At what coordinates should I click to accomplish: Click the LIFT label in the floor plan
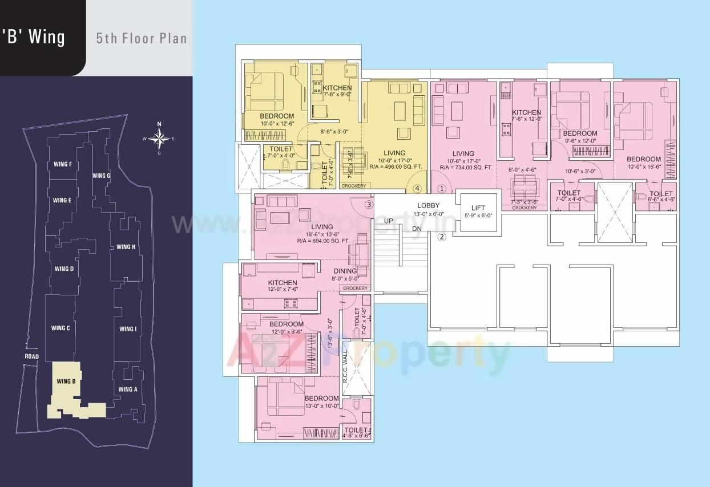click(478, 209)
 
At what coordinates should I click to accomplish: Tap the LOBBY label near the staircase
click(428, 205)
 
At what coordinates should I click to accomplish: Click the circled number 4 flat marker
click(417, 189)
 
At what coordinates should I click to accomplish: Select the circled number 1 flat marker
click(441, 189)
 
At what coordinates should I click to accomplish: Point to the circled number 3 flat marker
click(369, 204)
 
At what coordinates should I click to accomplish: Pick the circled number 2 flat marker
click(441, 237)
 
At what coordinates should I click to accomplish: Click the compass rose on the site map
click(159, 138)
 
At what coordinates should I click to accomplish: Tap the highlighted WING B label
click(66, 382)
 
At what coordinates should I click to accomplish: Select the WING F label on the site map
click(62, 165)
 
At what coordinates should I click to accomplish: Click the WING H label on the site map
click(126, 247)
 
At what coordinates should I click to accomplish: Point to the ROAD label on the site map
click(31, 357)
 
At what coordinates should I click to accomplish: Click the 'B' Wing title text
click(34, 38)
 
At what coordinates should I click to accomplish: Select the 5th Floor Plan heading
click(141, 39)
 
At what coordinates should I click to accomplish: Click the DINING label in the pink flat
click(345, 271)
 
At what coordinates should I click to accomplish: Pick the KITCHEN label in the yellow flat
click(337, 88)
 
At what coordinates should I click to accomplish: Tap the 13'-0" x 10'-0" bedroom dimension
click(321, 406)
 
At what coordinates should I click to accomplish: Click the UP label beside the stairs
click(388, 220)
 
